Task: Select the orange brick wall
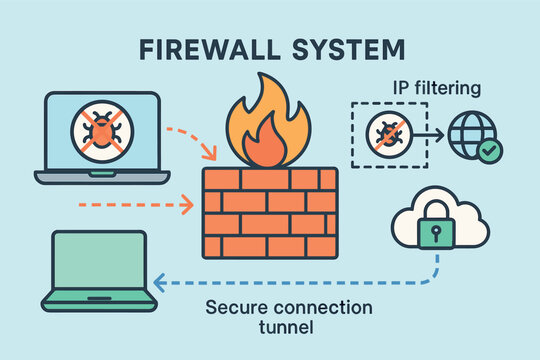(270, 212)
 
